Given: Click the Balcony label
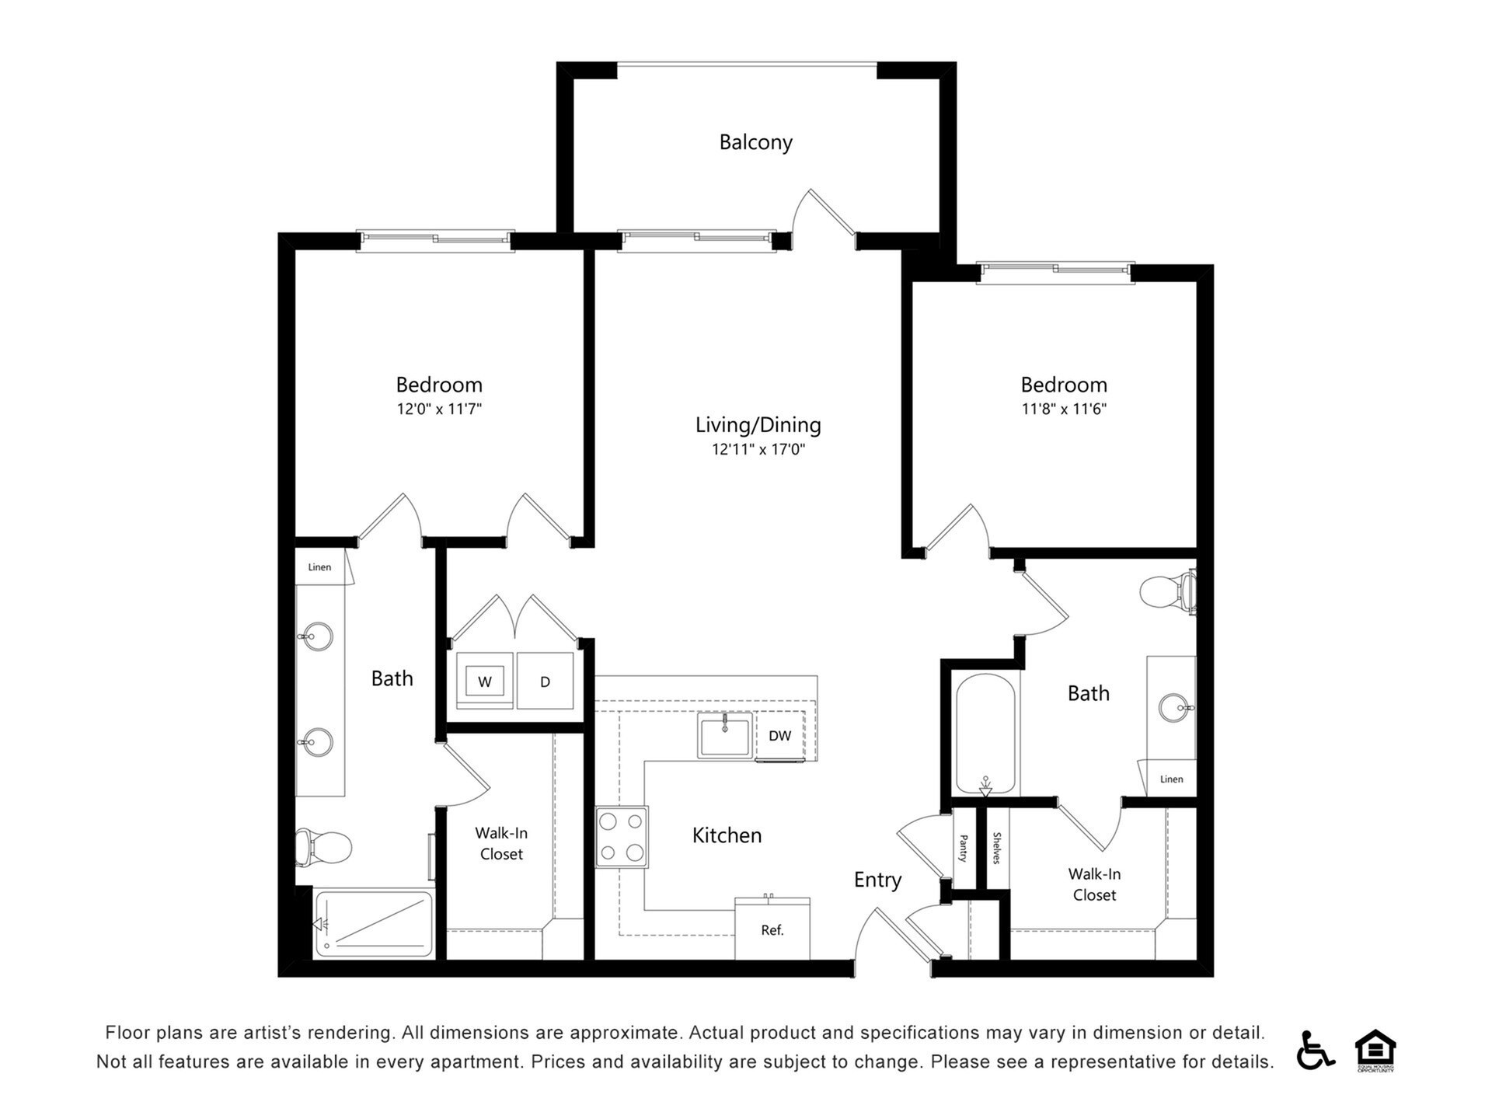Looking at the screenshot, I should click(755, 142).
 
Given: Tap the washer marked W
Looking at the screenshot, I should click(485, 682).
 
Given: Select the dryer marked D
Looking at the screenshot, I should click(545, 682).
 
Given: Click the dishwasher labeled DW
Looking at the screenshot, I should click(779, 735).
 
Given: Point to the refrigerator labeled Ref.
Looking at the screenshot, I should click(772, 929).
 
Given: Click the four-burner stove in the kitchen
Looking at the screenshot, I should click(622, 837).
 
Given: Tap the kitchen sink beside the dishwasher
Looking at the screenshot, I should click(724, 735).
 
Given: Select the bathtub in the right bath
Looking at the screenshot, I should click(985, 734).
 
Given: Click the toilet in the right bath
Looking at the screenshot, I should click(1166, 592).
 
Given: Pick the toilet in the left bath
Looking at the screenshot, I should click(324, 846).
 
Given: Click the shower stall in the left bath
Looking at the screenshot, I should click(374, 923).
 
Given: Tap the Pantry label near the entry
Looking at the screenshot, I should click(964, 848).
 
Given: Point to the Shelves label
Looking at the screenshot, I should click(997, 848).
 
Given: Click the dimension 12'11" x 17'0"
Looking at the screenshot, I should click(758, 449).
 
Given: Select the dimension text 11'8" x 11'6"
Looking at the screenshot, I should click(1063, 409).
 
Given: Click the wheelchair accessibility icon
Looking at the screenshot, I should click(1314, 1050).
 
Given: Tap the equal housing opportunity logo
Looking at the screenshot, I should click(1375, 1050).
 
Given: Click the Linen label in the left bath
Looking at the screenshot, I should click(319, 567).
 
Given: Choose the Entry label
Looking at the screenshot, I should click(877, 880).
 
